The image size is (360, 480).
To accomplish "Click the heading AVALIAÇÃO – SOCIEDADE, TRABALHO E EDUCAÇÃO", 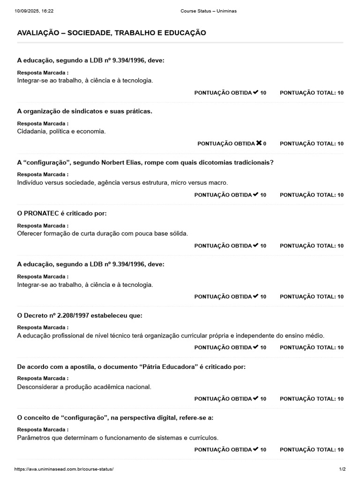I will tap(112, 33).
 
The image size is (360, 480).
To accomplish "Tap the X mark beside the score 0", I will tap(259, 143).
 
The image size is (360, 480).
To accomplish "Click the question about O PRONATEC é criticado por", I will tap(62, 213).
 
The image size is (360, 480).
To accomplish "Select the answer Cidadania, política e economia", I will tap(61, 131).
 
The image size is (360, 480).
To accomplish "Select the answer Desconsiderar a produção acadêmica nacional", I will tap(84, 387).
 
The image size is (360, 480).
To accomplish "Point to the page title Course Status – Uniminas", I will tap(208, 11).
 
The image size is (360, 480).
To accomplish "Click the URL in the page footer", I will tap(64, 469).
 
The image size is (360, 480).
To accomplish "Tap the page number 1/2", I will tap(342, 469).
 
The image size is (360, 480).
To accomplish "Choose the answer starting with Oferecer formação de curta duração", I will tap(102, 233).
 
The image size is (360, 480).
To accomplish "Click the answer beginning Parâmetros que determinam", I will tap(118, 438).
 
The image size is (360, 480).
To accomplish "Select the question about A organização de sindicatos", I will tap(84, 111).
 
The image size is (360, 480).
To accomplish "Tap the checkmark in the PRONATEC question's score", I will tap(255, 245).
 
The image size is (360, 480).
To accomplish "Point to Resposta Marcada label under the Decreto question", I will tap(43, 327).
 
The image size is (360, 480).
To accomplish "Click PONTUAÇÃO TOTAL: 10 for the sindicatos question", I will tap(312, 144).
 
